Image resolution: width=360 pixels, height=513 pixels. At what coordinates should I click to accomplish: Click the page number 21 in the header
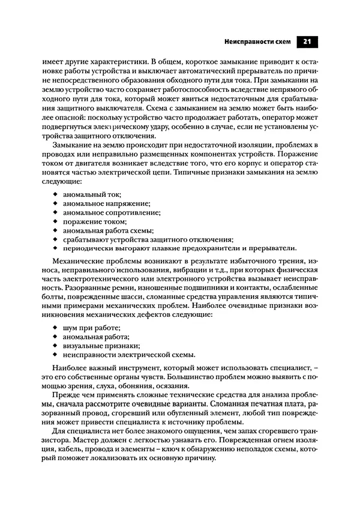point(306,42)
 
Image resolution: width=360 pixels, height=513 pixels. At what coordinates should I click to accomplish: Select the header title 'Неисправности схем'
point(257,42)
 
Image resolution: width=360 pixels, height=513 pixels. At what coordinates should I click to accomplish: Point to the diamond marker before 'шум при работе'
point(55,328)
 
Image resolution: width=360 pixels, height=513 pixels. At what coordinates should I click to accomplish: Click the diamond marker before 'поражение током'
point(55,221)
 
